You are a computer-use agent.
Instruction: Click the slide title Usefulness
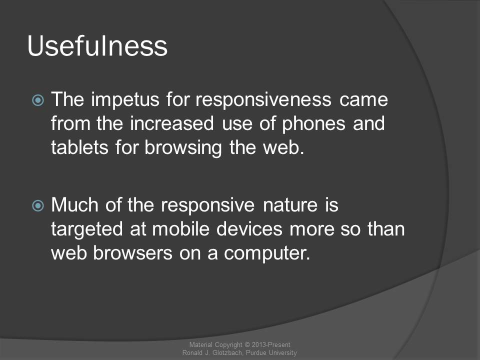point(97,46)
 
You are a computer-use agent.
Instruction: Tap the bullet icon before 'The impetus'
point(38,100)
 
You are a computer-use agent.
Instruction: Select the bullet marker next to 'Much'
point(38,205)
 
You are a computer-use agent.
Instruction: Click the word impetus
point(125,100)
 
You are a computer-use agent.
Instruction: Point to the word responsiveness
point(263,100)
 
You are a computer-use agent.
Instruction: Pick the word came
point(363,100)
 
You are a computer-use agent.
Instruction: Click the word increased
point(171,123)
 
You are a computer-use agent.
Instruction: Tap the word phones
point(313,124)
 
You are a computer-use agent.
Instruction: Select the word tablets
point(79,147)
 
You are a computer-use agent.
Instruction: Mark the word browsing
point(183,148)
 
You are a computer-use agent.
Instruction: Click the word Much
point(74,204)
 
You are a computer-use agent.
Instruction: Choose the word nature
point(290,205)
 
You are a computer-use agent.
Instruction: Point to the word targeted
point(87,229)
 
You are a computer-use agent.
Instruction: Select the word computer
point(267,254)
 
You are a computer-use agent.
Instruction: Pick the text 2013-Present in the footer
point(271,344)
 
